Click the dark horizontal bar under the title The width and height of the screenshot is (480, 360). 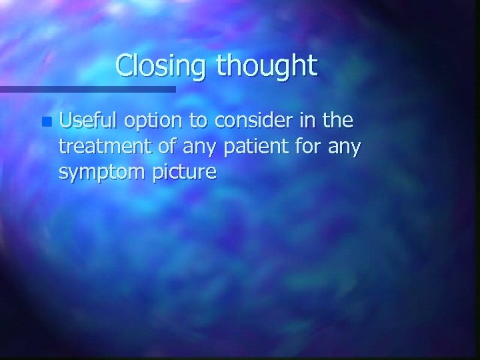click(87, 89)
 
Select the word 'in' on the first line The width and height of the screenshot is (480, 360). click(306, 121)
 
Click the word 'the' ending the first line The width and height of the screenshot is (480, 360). click(337, 121)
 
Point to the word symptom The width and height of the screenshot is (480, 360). click(100, 173)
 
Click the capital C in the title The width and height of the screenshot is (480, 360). click(124, 65)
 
